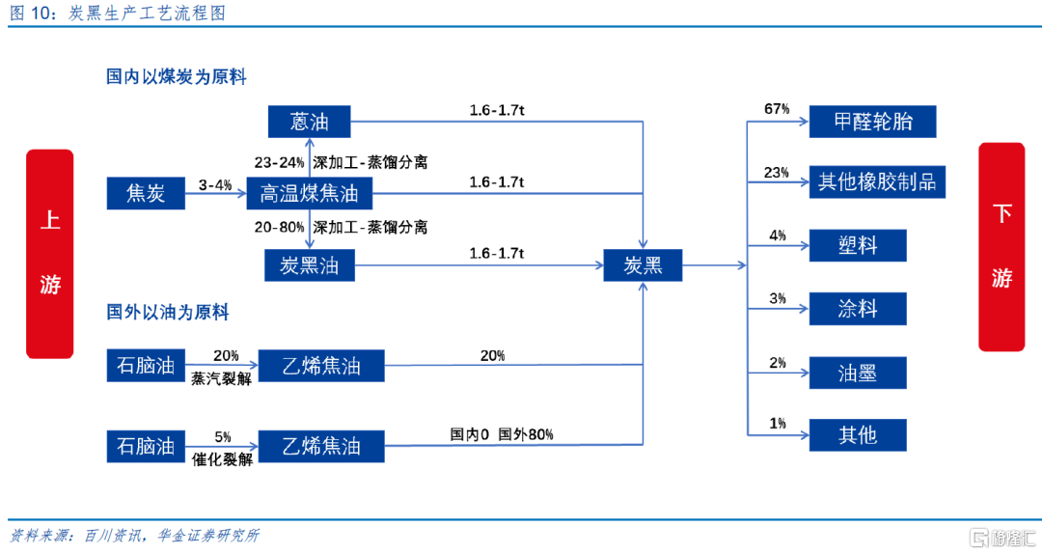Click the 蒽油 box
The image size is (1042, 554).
pos(309,122)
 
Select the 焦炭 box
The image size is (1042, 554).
pos(146,194)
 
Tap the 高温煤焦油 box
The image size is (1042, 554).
pos(309,194)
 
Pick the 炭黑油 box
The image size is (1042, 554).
pos(309,265)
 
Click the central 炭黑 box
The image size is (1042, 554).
pos(643,265)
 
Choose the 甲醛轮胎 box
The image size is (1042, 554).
pos(872,122)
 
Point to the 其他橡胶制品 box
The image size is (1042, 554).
pos(877,181)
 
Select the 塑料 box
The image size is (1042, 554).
pos(858,245)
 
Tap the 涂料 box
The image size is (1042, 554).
pos(858,309)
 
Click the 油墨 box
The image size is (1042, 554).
pos(858,373)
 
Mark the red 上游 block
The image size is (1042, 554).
pos(50,254)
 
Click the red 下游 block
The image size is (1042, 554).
pos(1001,247)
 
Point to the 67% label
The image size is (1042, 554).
pos(777,109)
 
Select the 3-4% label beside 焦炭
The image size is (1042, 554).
pos(214,185)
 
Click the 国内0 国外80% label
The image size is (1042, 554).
pos(502,434)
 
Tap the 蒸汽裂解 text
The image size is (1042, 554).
pos(221,378)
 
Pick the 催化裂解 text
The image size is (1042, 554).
pos(222,458)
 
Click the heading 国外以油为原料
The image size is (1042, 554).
pos(168,312)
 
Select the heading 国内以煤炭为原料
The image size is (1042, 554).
pos(177,76)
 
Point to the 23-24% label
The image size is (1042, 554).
pos(279,162)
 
